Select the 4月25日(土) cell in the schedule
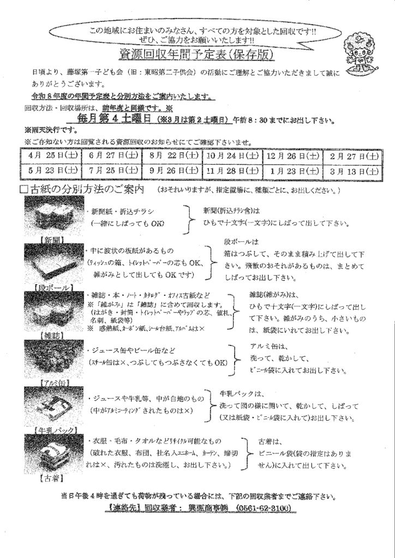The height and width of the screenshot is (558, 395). pos(51,156)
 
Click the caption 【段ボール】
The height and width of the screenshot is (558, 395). pos(53,287)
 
